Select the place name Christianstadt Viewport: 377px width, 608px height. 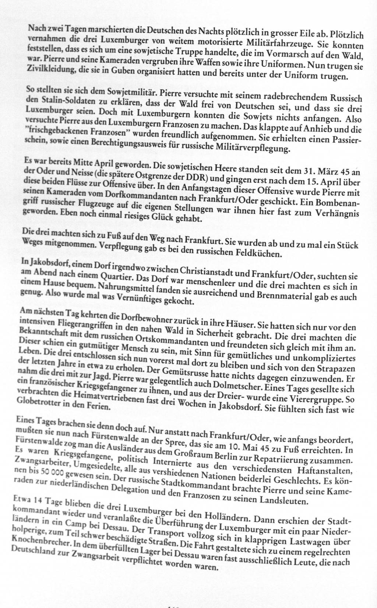(x=204, y=271)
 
